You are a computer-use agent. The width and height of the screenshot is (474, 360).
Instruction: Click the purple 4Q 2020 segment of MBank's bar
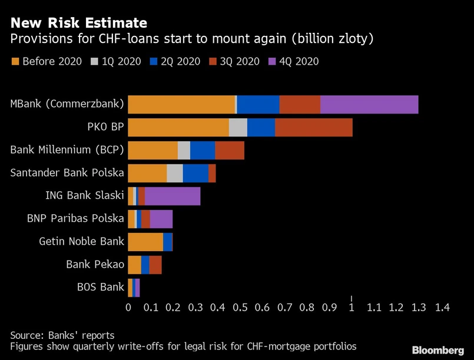[369, 104]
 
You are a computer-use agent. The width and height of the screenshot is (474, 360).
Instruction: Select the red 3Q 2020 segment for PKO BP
[313, 127]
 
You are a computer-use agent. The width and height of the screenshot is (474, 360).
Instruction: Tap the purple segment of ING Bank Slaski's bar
[173, 196]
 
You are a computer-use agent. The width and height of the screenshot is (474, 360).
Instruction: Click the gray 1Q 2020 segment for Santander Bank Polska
[175, 173]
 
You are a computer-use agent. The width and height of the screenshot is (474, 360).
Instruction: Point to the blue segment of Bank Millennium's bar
[203, 150]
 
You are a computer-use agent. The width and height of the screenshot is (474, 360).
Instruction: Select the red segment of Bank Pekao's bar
[155, 265]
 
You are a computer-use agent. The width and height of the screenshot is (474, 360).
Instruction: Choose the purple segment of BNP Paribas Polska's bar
[161, 219]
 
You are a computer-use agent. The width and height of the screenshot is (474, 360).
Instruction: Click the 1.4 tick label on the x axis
[442, 307]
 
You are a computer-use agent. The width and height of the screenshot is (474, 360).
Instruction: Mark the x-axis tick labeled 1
[352, 307]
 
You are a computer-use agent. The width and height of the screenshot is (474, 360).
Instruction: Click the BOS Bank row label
[101, 287]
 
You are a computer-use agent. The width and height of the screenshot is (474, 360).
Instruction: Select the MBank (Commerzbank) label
[67, 104]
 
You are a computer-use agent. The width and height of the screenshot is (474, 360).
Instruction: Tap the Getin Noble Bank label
[82, 241]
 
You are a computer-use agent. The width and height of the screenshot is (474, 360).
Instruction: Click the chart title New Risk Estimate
[78, 24]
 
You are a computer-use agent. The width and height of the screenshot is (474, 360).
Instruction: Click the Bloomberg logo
[437, 350]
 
